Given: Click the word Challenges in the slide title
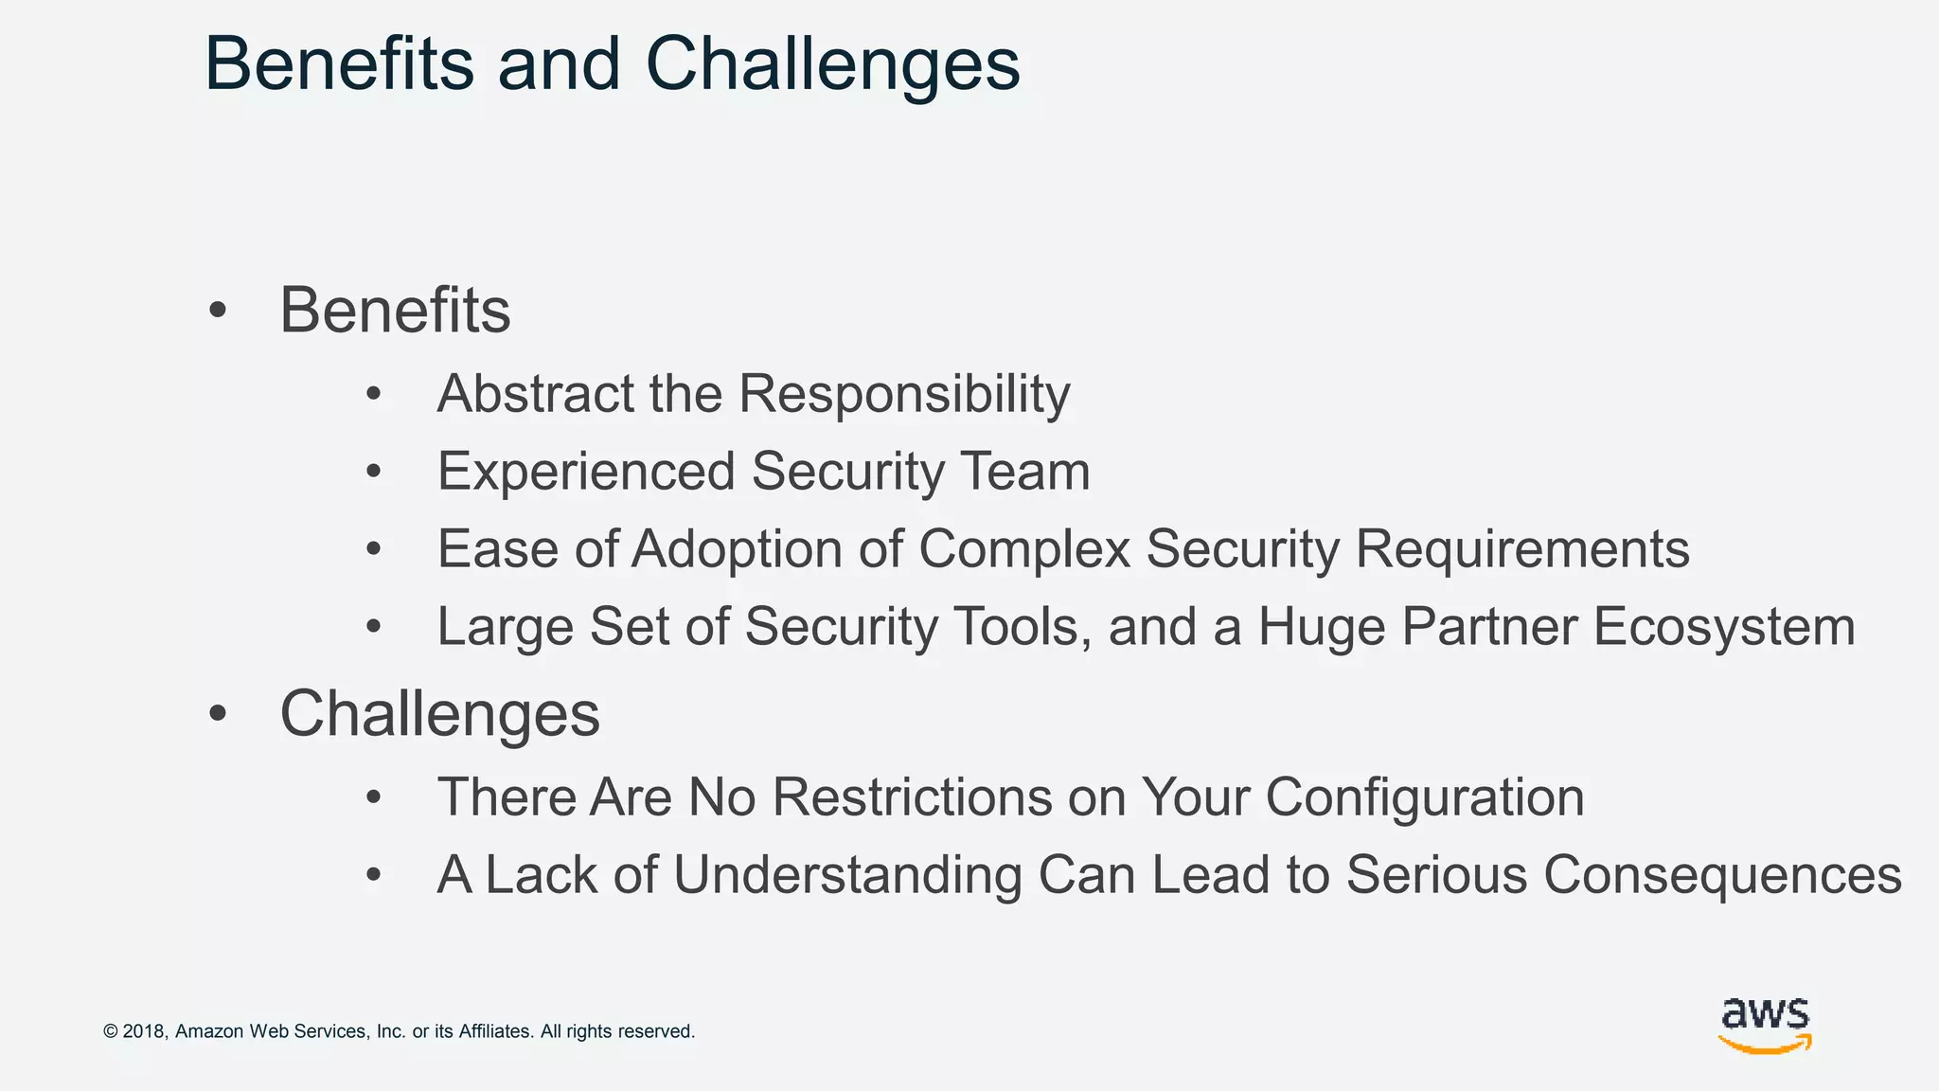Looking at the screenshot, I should pyautogui.click(x=832, y=64).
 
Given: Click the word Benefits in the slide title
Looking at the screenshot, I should pyautogui.click(x=339, y=64).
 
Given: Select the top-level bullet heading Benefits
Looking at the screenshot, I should pyautogui.click(x=395, y=311).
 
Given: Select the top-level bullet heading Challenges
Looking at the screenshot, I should pyautogui.click(x=439, y=714).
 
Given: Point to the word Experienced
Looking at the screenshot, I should pyautogui.click(x=586, y=472).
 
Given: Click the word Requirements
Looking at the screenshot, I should pyautogui.click(x=1522, y=550).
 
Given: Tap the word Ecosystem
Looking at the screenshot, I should pyautogui.click(x=1724, y=628).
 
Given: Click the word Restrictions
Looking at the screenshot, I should pyautogui.click(x=912, y=797).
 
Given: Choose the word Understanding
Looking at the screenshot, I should pyautogui.click(x=847, y=875).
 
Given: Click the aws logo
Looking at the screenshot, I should pyautogui.click(x=1765, y=1025).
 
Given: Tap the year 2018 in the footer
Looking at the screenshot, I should pyautogui.click(x=144, y=1031).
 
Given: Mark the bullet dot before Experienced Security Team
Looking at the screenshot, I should pyautogui.click(x=374, y=471).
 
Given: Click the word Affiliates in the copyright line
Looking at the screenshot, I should pyautogui.click(x=495, y=1031).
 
